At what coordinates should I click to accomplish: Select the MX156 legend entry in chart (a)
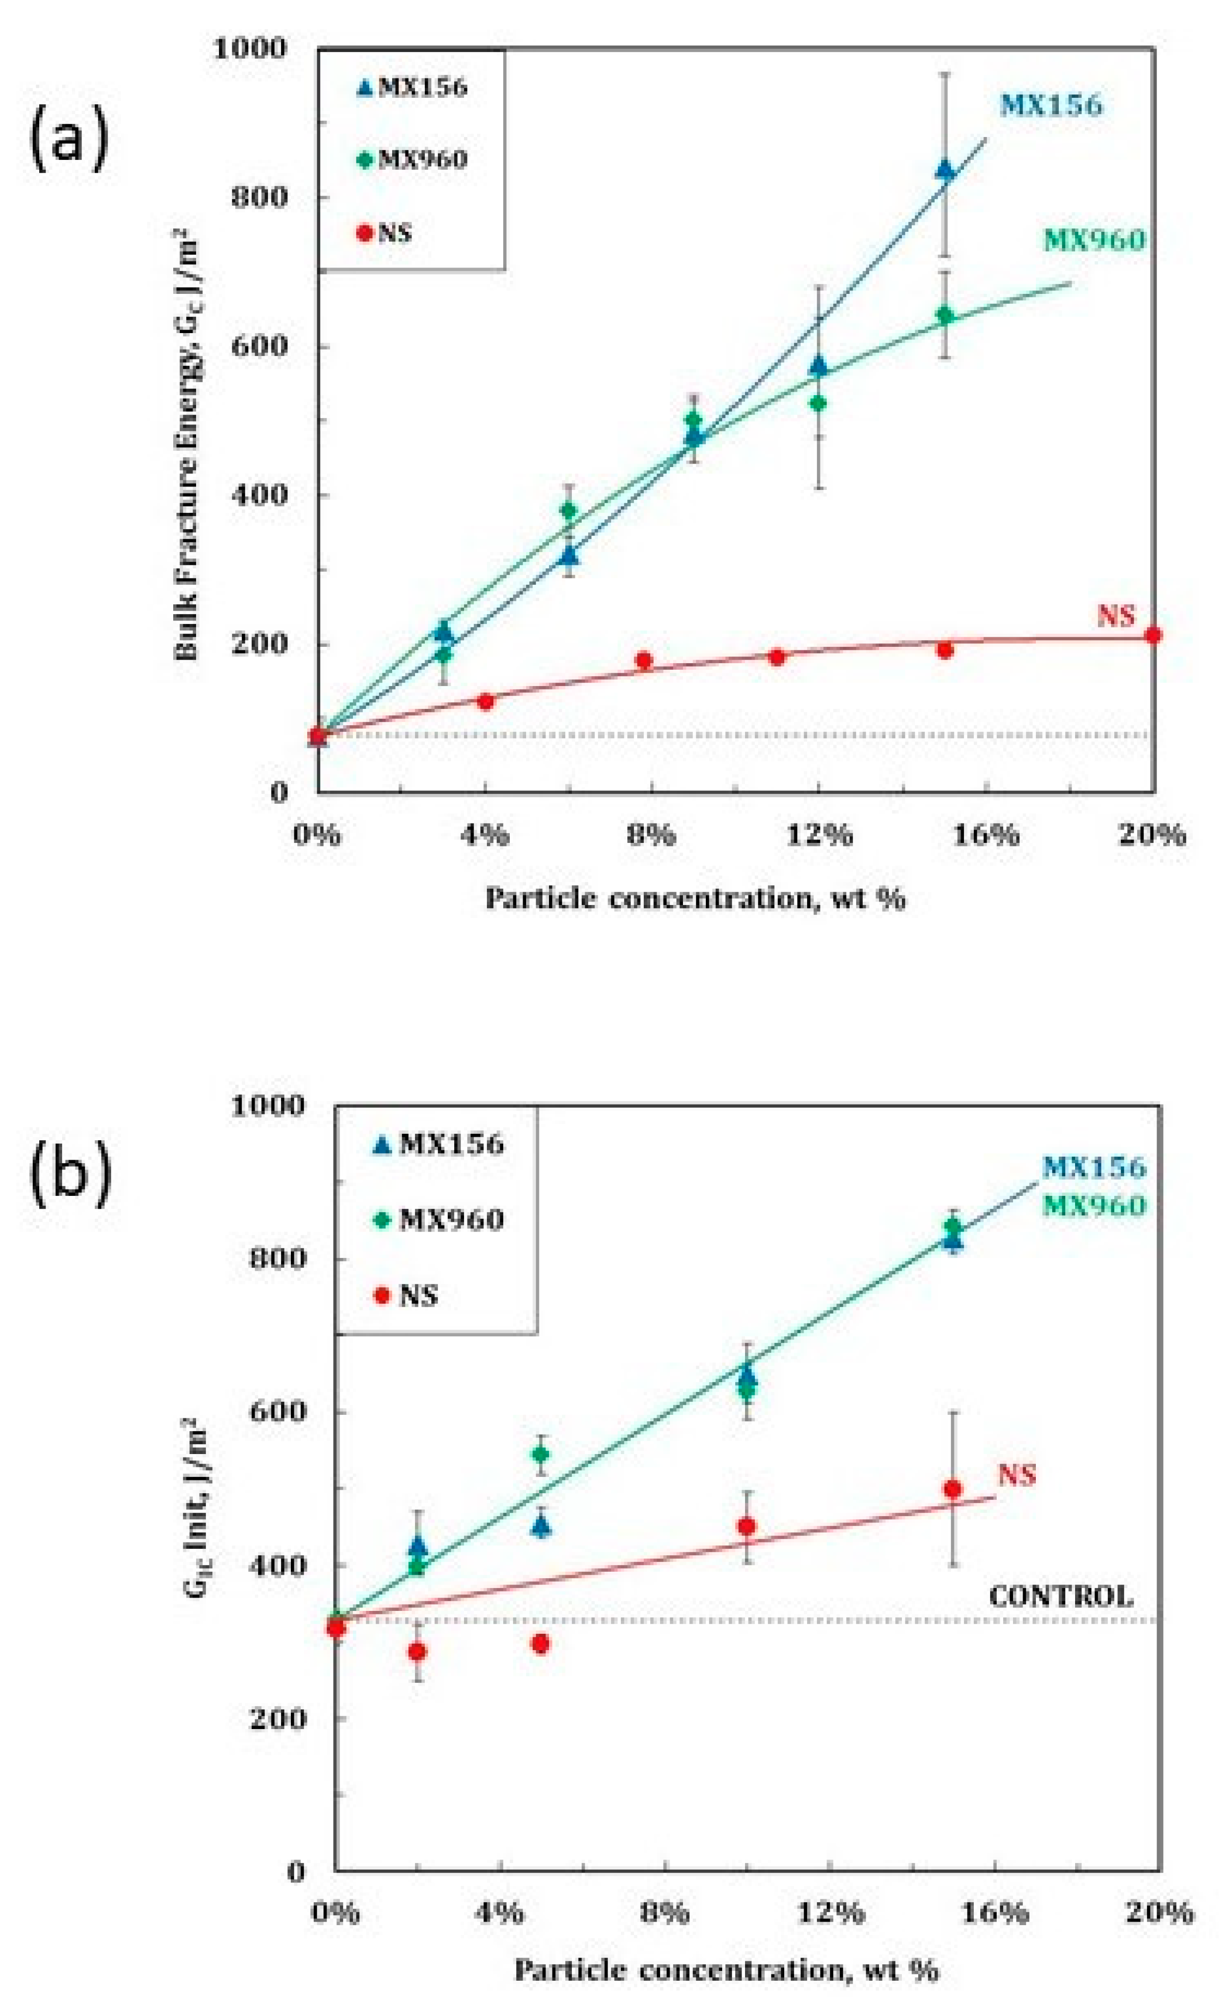[x=413, y=87]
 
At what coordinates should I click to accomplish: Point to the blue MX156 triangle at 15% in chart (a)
[x=945, y=170]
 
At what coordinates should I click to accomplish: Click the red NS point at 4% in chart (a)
[x=485, y=701]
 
